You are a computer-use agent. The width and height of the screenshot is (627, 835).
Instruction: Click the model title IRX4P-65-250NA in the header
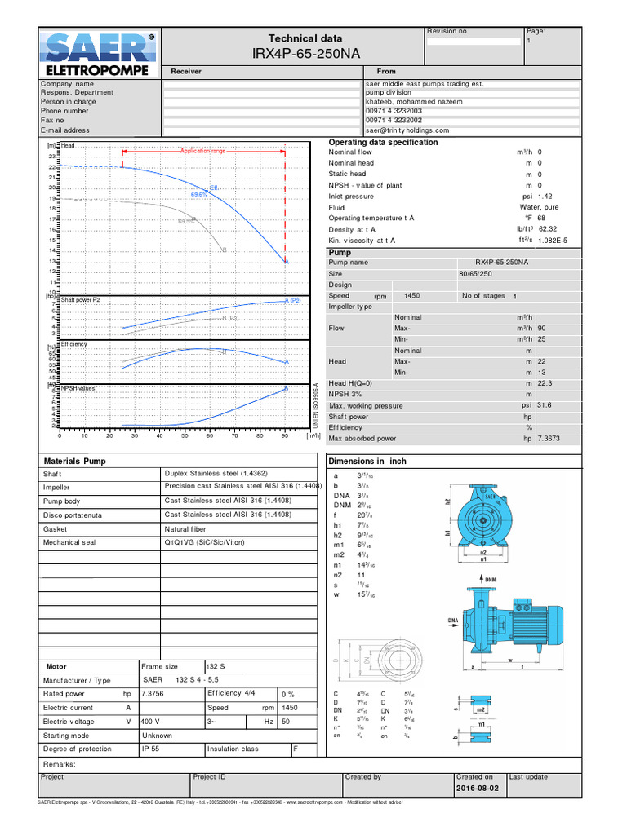tap(305, 55)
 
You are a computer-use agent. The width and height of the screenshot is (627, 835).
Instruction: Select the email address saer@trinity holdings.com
tap(407, 130)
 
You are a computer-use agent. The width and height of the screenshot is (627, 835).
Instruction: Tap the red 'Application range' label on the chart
tap(203, 152)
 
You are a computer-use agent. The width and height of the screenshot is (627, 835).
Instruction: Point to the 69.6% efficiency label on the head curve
tap(198, 195)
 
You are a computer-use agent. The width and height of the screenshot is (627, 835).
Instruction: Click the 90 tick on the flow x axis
tap(284, 436)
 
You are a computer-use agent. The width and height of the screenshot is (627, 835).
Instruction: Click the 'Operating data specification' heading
tap(383, 143)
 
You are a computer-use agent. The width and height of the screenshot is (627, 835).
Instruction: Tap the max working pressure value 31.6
tap(544, 405)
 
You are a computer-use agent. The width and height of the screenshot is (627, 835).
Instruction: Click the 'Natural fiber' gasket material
tap(189, 528)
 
